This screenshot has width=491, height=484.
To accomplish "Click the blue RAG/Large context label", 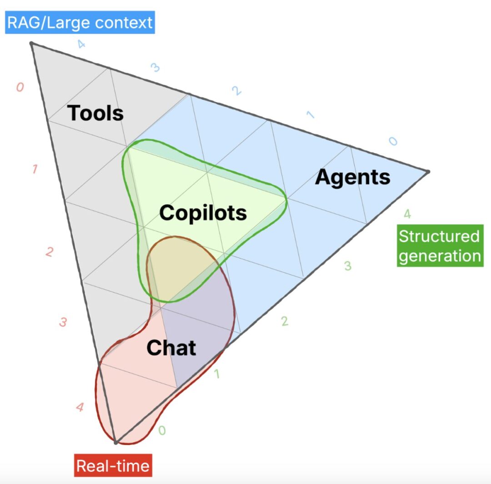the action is coord(80,22).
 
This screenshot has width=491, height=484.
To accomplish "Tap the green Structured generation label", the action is coord(440,246).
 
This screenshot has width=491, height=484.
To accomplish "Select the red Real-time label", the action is coord(113,465).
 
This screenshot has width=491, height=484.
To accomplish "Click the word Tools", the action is coord(95,113).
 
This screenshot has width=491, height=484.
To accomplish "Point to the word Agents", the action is coord(353,178).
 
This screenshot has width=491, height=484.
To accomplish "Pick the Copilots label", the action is coord(203,213).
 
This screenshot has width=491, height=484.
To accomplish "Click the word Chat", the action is coord(171,348).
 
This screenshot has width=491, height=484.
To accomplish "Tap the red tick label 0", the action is coord(20,87).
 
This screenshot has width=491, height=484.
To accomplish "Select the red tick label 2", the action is coord(50,252).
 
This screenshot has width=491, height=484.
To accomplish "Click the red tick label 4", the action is coord(80,407).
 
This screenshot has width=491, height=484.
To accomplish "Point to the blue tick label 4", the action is coord(81,44).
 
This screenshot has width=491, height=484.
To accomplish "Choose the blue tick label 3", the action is coord(155,67).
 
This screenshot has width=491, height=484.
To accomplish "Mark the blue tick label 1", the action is coord(311,115).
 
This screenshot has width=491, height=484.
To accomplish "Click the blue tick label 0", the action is coord(393,141).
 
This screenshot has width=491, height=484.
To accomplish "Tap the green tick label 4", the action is coord(407,214).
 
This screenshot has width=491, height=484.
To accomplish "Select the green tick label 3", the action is coord(348,266).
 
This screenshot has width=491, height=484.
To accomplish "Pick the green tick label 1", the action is coord(217,374).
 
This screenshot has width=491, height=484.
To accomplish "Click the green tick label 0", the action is coord(162,430).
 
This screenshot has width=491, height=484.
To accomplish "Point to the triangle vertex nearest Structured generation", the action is coord(428,172).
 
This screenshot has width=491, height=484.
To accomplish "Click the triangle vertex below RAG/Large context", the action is coord(31,43).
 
